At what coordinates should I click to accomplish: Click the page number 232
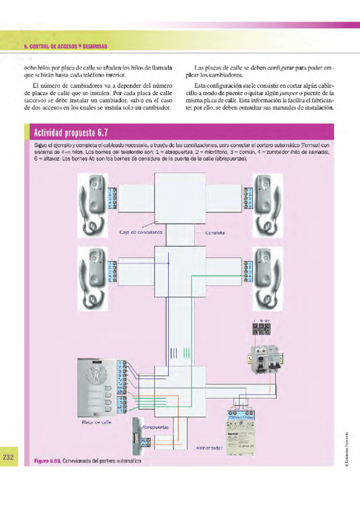(x=8, y=458)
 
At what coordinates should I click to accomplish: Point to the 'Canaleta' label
(x=215, y=232)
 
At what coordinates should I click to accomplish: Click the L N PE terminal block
(x=260, y=329)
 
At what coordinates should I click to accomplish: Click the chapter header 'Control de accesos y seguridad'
(x=65, y=47)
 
